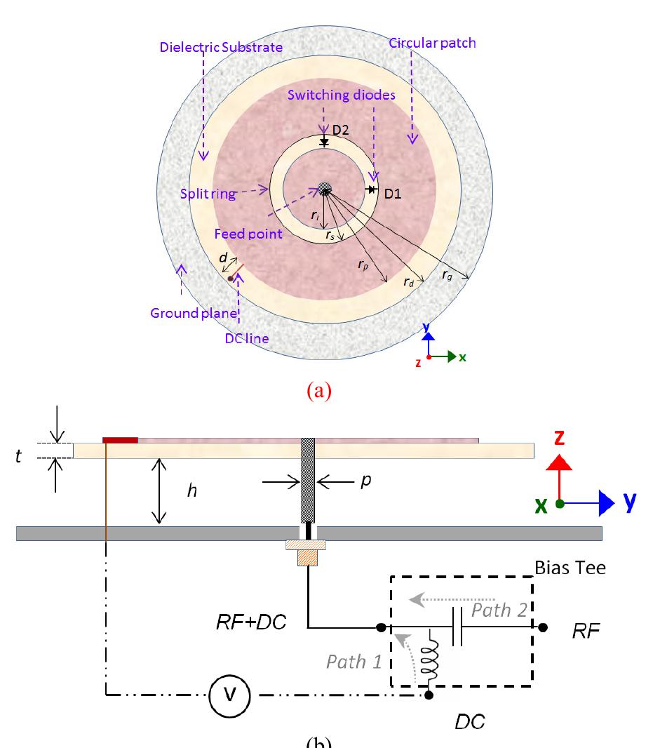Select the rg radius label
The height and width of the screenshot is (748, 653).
coord(447,275)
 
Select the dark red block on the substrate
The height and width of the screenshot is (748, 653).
coord(120,439)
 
